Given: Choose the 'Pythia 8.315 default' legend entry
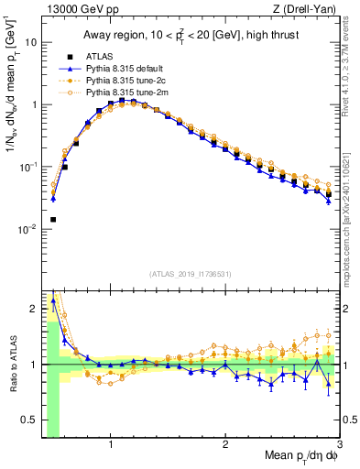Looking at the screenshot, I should click(127, 69).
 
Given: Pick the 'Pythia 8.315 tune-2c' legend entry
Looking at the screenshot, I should click(127, 82).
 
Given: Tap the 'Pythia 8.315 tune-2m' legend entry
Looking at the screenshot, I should click(127, 93).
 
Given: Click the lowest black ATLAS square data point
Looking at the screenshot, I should click(53, 220).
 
